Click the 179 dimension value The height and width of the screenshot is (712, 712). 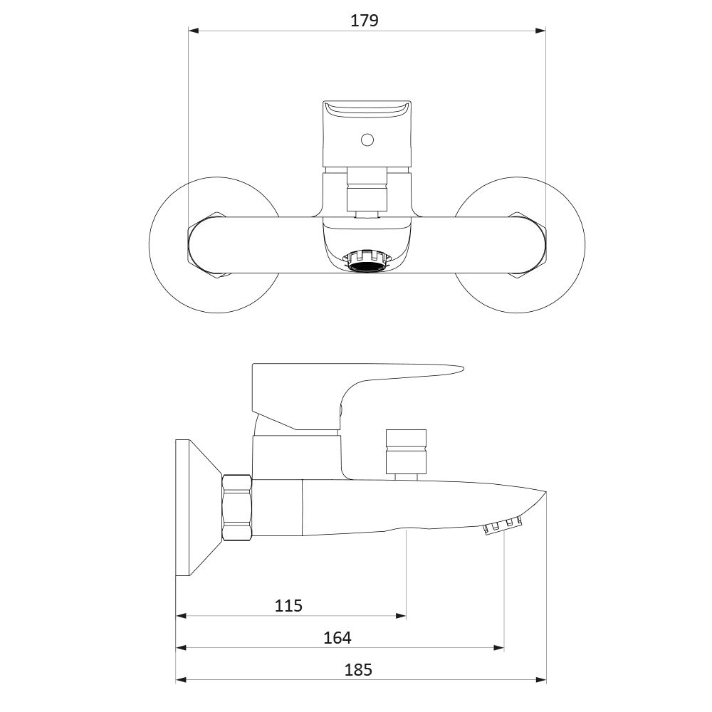(364, 21)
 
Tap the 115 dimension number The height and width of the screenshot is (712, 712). (288, 605)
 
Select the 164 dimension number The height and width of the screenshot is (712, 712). (337, 637)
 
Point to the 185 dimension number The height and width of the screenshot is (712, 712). (358, 670)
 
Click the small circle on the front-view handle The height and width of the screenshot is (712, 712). (366, 140)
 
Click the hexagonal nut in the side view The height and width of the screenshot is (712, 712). (237, 508)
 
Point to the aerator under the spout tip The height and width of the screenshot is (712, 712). (503, 527)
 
